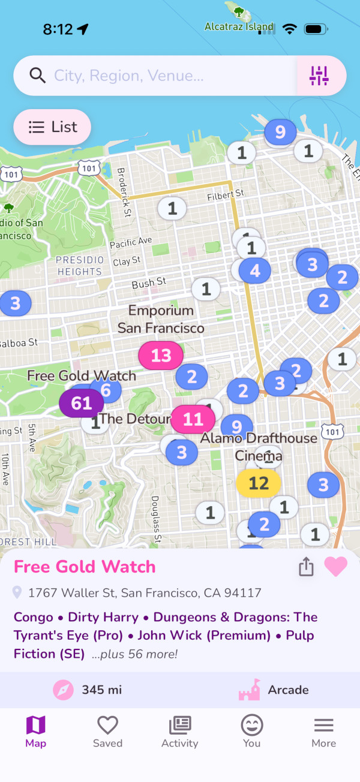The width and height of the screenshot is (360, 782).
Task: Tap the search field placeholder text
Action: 128,76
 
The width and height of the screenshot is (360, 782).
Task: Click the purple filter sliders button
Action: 319,76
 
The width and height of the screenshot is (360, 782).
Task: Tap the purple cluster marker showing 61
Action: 82,403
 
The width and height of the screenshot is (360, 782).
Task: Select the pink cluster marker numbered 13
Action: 161,356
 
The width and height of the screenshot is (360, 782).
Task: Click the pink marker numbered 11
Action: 193,419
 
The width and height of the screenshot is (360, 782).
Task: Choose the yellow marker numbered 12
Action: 258,483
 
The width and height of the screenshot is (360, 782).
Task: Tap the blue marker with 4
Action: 255,270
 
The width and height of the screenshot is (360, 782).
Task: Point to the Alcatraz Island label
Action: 239,26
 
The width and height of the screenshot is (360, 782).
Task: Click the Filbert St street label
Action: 226,195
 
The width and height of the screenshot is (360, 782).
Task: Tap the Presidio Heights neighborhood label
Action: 80,266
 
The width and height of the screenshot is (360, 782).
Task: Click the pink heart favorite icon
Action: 335,567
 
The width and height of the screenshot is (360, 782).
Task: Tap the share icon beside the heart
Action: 306,567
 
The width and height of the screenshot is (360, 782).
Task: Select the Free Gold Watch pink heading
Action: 85,567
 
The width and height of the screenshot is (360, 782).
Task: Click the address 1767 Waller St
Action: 145,593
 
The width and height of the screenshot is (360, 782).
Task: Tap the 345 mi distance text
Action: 101,690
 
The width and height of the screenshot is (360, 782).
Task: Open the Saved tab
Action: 107,732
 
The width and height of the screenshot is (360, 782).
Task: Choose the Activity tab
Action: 179,732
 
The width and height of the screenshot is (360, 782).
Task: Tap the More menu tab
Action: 323,732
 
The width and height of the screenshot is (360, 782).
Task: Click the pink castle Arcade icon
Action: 249,690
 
